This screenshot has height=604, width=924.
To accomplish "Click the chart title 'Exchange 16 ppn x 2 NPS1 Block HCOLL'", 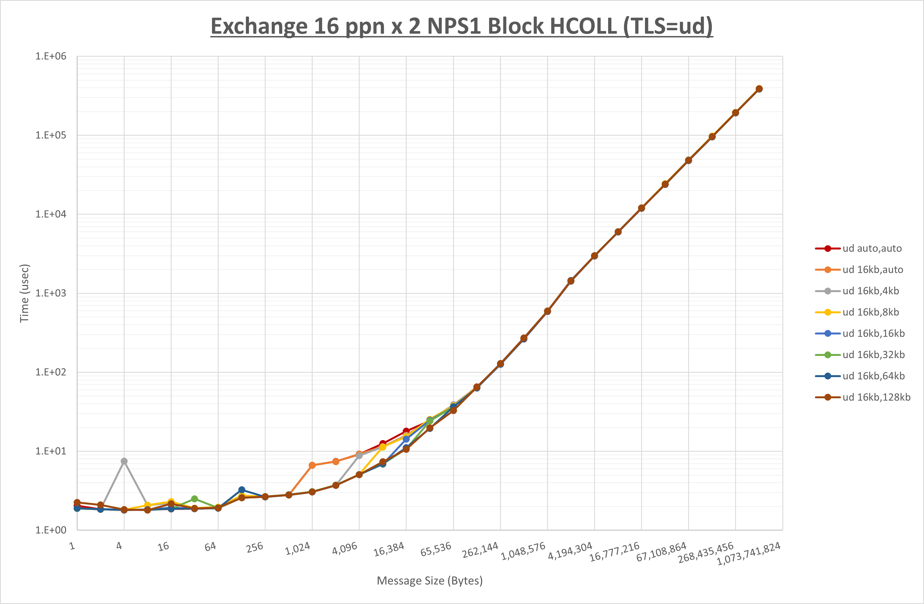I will [461, 26].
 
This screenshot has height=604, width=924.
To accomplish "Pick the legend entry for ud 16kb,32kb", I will [873, 355].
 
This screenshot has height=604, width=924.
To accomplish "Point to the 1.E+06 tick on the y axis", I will [51, 56].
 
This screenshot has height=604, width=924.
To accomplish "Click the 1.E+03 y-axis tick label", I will [51, 293].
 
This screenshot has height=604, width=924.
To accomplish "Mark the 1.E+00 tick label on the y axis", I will [51, 530].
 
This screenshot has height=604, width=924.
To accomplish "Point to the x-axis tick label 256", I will [255, 548].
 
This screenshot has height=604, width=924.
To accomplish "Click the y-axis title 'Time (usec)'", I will [24, 293].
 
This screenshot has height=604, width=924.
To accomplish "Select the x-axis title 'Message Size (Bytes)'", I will [429, 581].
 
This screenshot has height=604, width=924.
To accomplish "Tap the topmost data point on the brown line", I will [759, 89].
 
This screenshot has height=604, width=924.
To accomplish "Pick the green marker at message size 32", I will [195, 499].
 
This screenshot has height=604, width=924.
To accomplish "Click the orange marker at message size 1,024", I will [312, 465].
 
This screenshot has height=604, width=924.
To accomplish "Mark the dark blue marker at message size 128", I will [241, 490].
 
